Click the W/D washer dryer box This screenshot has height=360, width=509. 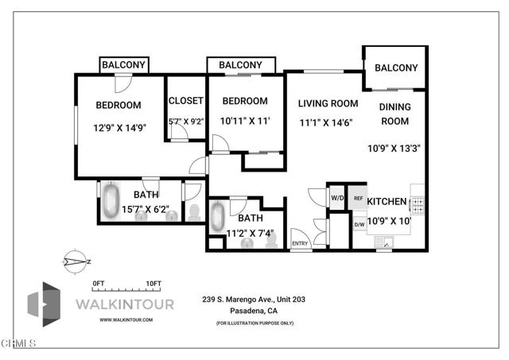click(x=336, y=199)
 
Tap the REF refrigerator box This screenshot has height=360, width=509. click(x=359, y=199)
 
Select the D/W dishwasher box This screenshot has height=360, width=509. click(x=359, y=225)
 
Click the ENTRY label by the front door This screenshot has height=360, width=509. click(x=300, y=243)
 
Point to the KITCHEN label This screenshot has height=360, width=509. click(x=387, y=202)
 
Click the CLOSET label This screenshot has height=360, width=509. click(x=185, y=101)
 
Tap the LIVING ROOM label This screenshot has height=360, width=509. click(x=328, y=103)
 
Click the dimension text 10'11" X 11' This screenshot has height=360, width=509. click(x=246, y=121)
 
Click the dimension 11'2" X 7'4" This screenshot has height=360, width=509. click(x=250, y=233)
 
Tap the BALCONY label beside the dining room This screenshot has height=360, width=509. click(x=395, y=68)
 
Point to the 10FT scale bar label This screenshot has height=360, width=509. click(x=153, y=283)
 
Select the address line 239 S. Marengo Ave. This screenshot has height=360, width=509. click(x=254, y=300)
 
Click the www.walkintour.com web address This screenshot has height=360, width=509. click(x=126, y=319)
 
